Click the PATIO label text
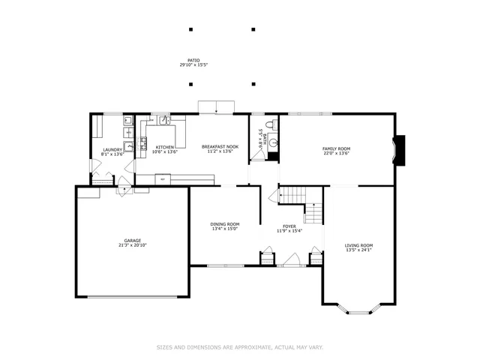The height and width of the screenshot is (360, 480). (193, 60)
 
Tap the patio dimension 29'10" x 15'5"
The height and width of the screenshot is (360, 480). (193, 65)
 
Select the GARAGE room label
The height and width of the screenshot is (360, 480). (132, 241)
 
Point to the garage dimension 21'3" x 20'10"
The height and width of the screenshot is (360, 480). (132, 246)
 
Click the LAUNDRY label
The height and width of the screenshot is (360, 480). (112, 149)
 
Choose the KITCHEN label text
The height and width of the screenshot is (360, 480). (165, 147)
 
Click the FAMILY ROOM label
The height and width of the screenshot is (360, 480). (336, 148)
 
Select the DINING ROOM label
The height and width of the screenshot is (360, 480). (224, 224)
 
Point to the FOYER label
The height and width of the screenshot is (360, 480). (289, 226)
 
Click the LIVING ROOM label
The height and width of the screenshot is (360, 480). (358, 245)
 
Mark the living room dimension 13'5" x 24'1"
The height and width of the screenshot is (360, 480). (358, 250)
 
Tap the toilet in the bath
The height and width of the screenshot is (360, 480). (273, 124)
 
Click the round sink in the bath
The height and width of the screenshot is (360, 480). (274, 141)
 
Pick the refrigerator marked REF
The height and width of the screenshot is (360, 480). (163, 179)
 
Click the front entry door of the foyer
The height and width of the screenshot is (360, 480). (289, 262)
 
